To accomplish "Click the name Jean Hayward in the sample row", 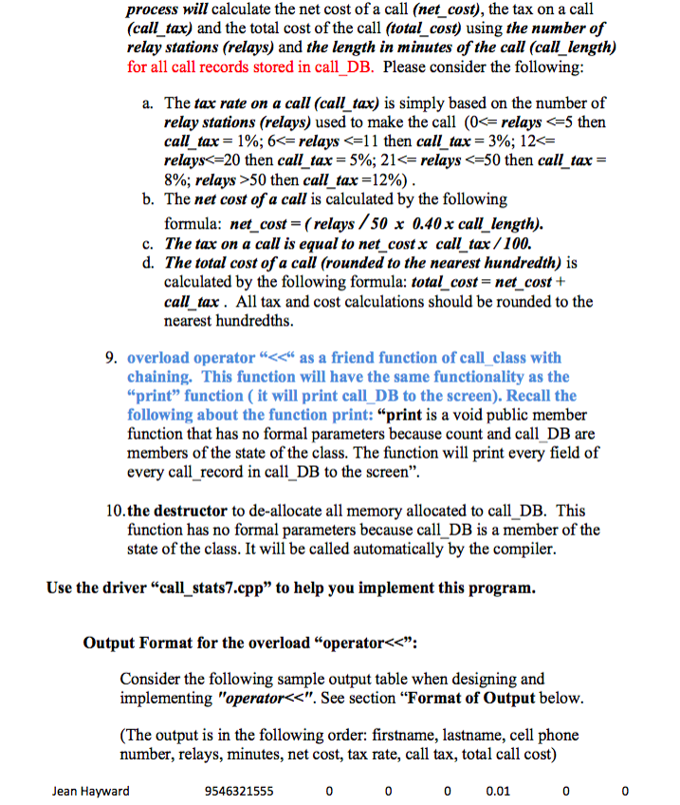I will click(91, 791).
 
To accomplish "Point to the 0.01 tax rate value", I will click(496, 791).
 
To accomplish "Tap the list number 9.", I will click(110, 358).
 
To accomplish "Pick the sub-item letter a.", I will click(144, 103).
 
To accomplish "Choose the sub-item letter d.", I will click(144, 262).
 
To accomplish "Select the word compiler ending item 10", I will click(521, 549).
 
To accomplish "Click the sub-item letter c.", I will click(144, 244).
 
